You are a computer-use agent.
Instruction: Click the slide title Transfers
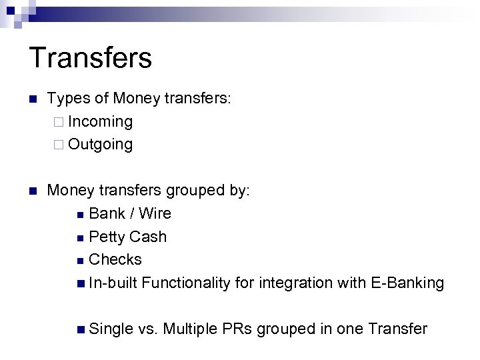click(91, 57)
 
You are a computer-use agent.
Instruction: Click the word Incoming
click(100, 122)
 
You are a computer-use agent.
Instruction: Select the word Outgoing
click(100, 145)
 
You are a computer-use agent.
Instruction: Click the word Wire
click(155, 213)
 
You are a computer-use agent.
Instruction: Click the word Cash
click(148, 237)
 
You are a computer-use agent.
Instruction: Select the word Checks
click(115, 259)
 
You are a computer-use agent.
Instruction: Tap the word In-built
click(113, 283)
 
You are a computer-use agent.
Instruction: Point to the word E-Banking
click(405, 283)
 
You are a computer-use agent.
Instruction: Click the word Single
click(111, 329)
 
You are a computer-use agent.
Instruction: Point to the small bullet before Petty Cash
click(80, 237)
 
